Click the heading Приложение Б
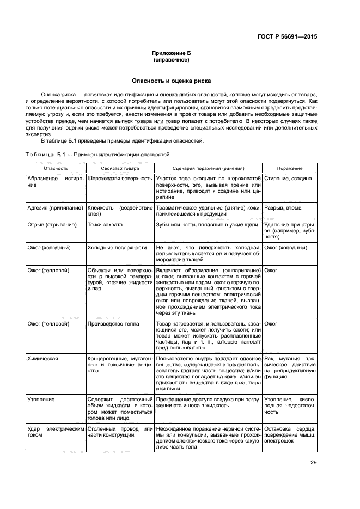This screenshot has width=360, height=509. click(x=172, y=53)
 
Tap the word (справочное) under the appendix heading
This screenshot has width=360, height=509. click(x=172, y=60)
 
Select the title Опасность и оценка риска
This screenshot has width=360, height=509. click(x=172, y=81)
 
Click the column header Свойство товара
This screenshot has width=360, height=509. click(x=119, y=168)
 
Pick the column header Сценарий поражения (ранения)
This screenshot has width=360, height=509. click(x=208, y=168)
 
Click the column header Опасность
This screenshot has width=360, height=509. click(x=56, y=168)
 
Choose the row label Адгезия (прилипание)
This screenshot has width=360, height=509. click(x=55, y=208)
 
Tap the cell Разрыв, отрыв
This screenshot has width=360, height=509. click(x=282, y=208)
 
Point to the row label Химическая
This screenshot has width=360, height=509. click(x=43, y=359)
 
